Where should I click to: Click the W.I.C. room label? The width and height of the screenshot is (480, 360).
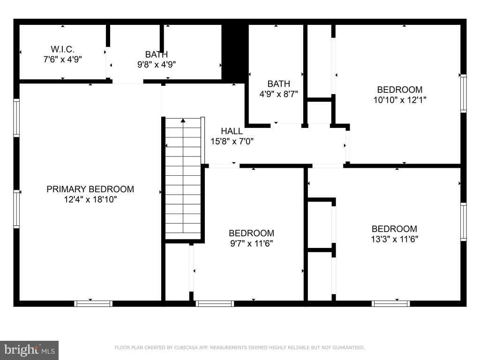(62, 49)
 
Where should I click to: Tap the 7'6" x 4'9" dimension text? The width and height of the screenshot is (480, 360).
(62, 59)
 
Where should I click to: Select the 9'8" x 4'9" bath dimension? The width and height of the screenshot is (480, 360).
(157, 65)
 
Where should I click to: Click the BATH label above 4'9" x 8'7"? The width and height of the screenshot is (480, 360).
(278, 83)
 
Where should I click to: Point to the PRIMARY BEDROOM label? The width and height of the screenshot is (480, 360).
(90, 189)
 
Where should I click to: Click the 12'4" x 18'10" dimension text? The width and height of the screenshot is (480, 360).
(90, 200)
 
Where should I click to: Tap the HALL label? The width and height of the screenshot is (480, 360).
(232, 131)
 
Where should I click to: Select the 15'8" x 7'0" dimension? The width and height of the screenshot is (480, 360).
(232, 142)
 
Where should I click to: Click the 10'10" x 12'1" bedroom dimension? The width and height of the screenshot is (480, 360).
(399, 100)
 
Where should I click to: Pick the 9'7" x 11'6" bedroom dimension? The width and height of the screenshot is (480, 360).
(251, 244)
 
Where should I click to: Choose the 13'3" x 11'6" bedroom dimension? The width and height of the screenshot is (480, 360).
(394, 239)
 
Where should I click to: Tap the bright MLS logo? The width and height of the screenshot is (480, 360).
(29, 350)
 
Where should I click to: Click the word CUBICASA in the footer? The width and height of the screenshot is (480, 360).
(186, 347)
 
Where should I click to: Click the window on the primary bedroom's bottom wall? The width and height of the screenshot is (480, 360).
(93, 304)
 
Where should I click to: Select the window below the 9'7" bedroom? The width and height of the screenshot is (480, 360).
(215, 304)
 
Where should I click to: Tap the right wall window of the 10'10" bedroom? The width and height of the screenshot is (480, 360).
(464, 93)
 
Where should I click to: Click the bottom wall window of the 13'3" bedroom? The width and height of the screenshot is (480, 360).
(390, 304)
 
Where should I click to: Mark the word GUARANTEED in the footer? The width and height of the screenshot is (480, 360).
(349, 347)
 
